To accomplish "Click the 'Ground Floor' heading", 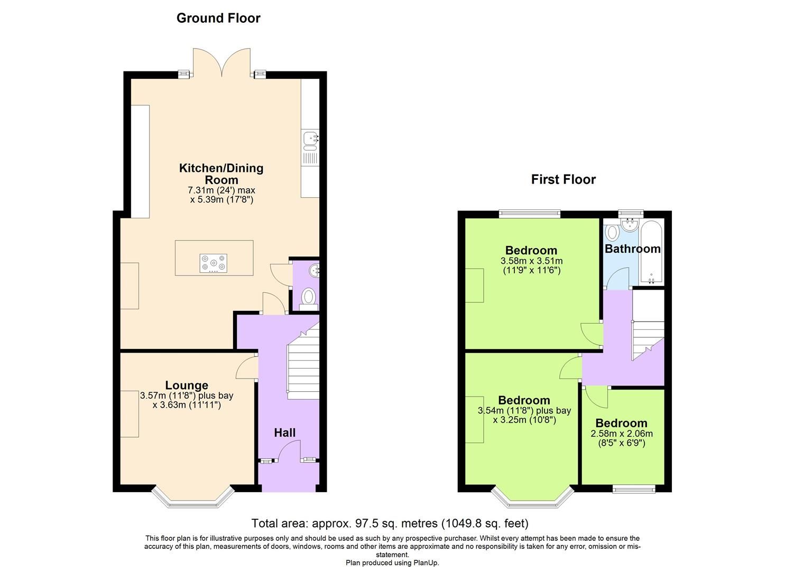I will pos(218,18).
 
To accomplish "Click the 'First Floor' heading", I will pos(563,179).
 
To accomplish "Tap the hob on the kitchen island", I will pos(214,263).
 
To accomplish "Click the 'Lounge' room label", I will pos(187,385).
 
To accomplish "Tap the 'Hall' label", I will pos(284,432).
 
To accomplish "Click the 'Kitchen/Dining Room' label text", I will pos(221,174).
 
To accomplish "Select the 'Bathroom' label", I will pos(632,248).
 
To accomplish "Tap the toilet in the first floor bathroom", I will pos(612,232).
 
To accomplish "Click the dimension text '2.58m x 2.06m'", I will pos(621,434).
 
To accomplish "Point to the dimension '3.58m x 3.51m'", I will pos(531,261).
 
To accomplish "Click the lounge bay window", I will pos(193,499).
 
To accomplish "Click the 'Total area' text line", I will pos(390,523).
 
